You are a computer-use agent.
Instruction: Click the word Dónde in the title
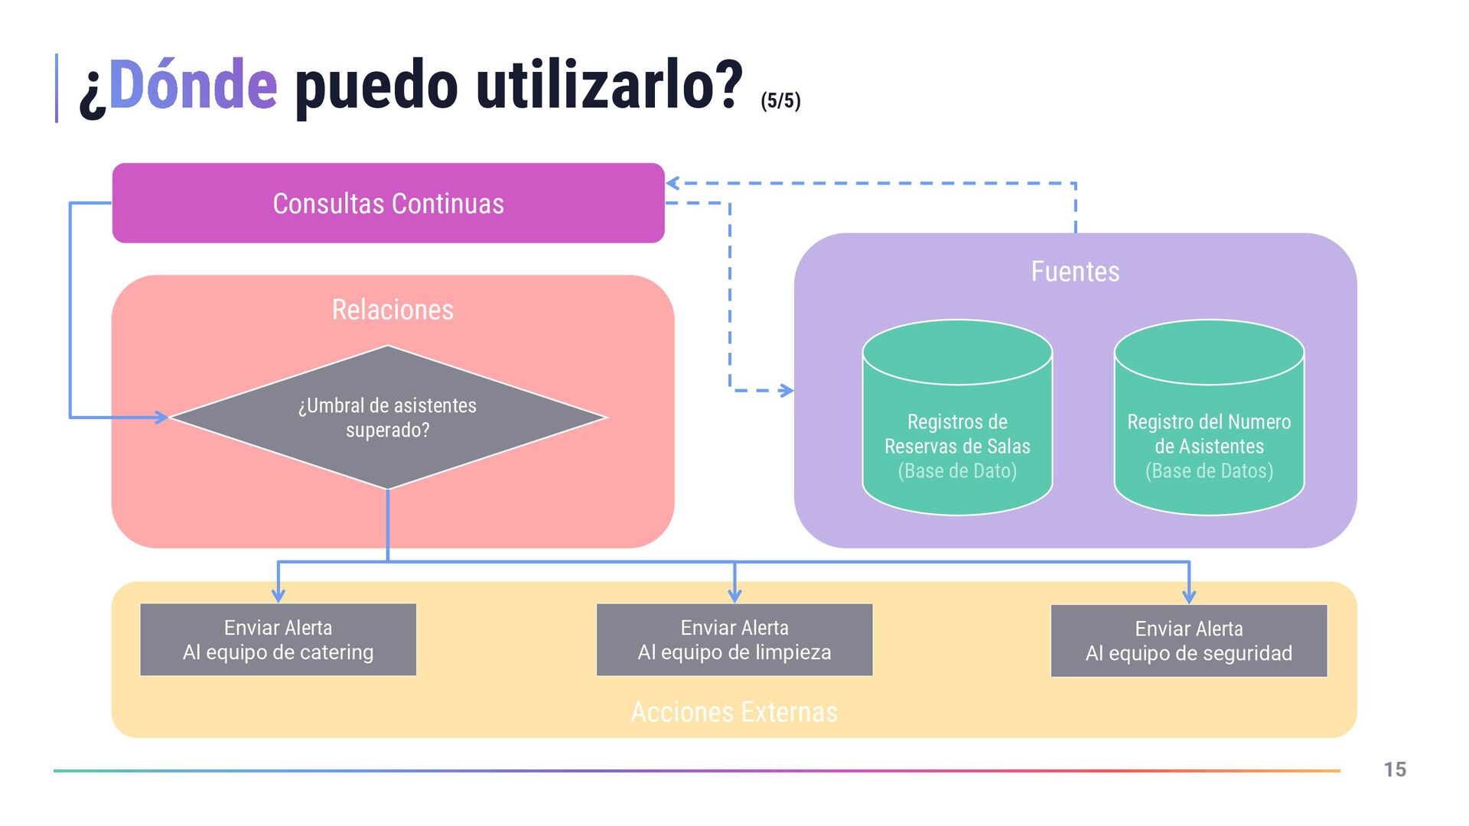(x=193, y=86)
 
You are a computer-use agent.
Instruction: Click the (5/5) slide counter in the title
(x=780, y=101)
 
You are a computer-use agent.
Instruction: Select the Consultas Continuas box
(x=388, y=203)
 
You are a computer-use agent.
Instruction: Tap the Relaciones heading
(x=392, y=310)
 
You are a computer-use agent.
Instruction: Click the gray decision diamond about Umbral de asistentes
(x=388, y=418)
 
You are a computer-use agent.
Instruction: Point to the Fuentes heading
(x=1075, y=272)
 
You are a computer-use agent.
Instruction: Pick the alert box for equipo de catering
(x=278, y=639)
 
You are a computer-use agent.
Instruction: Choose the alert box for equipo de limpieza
(x=734, y=639)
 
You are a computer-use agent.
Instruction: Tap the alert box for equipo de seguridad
(x=1188, y=641)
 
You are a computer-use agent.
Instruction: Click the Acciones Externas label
(x=734, y=712)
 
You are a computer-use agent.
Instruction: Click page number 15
(x=1395, y=769)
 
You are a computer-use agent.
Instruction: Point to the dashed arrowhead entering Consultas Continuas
(x=673, y=184)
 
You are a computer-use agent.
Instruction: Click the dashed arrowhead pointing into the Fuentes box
(x=786, y=391)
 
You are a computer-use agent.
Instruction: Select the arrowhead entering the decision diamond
(x=162, y=418)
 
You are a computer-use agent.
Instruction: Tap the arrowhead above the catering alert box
(x=278, y=595)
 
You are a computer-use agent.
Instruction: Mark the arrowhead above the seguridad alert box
(x=1188, y=596)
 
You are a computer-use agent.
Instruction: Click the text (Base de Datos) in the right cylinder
(x=1209, y=471)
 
